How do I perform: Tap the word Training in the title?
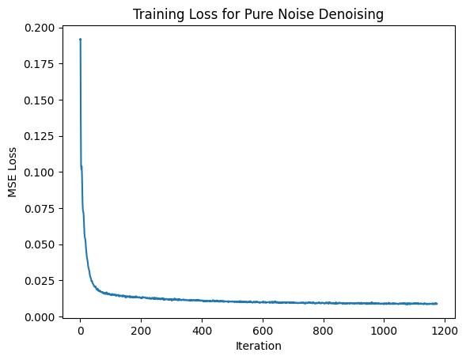(157, 13)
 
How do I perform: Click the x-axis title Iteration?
(258, 346)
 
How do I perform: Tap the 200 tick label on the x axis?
(141, 330)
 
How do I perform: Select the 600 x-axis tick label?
(263, 330)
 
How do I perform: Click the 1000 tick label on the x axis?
(384, 330)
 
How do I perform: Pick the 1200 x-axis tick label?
(445, 330)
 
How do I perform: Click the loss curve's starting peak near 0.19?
(80, 40)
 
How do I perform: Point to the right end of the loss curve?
(437, 304)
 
